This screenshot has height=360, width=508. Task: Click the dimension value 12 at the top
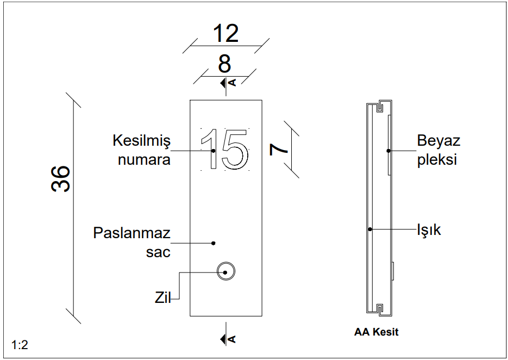225,34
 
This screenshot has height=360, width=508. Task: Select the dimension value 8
224,64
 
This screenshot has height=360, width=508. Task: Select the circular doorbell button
225,271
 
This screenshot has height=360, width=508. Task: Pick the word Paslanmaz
132,233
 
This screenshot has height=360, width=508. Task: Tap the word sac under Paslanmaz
158,252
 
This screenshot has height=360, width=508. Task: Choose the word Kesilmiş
141,141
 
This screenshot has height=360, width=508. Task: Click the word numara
144,160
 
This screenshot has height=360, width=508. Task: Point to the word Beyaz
438,141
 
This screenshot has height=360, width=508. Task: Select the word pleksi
437,160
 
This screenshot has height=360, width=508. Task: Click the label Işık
429,230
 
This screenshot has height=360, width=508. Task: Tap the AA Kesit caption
376,332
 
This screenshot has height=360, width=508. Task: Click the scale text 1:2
20,345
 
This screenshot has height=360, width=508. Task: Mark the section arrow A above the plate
228,83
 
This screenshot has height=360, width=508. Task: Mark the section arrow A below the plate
228,339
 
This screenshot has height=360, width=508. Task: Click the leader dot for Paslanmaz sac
214,243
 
